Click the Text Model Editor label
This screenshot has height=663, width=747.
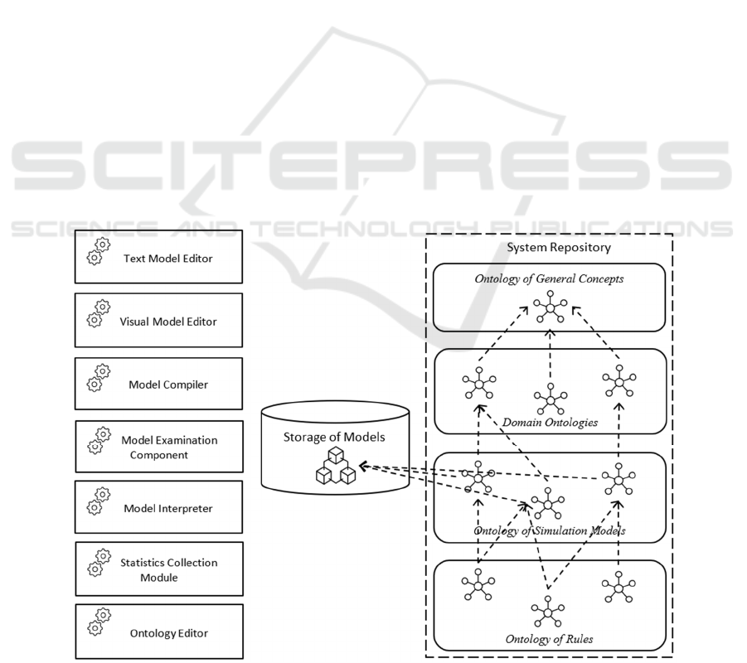[x=167, y=259]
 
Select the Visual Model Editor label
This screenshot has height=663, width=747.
[x=168, y=322]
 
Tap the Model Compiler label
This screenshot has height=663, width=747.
[x=168, y=385]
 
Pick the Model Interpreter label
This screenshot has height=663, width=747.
[x=168, y=509]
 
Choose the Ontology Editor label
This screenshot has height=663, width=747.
[x=169, y=633]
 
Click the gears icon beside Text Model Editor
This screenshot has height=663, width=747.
[x=99, y=251]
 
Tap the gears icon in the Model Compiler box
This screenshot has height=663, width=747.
[x=99, y=378]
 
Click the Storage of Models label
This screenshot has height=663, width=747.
[x=334, y=438]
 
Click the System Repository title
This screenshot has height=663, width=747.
[x=559, y=247]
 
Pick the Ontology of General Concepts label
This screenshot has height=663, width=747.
[x=549, y=278]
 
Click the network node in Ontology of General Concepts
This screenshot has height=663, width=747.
[x=551, y=307]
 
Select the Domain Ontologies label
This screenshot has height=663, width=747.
[x=550, y=423]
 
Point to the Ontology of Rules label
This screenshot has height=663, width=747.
[x=549, y=639]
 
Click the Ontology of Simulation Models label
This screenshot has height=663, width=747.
[x=550, y=530]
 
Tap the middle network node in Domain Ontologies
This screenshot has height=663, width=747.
[x=551, y=399]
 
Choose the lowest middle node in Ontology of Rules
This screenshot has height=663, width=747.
[x=547, y=612]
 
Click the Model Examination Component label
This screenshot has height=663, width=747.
[x=169, y=448]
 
